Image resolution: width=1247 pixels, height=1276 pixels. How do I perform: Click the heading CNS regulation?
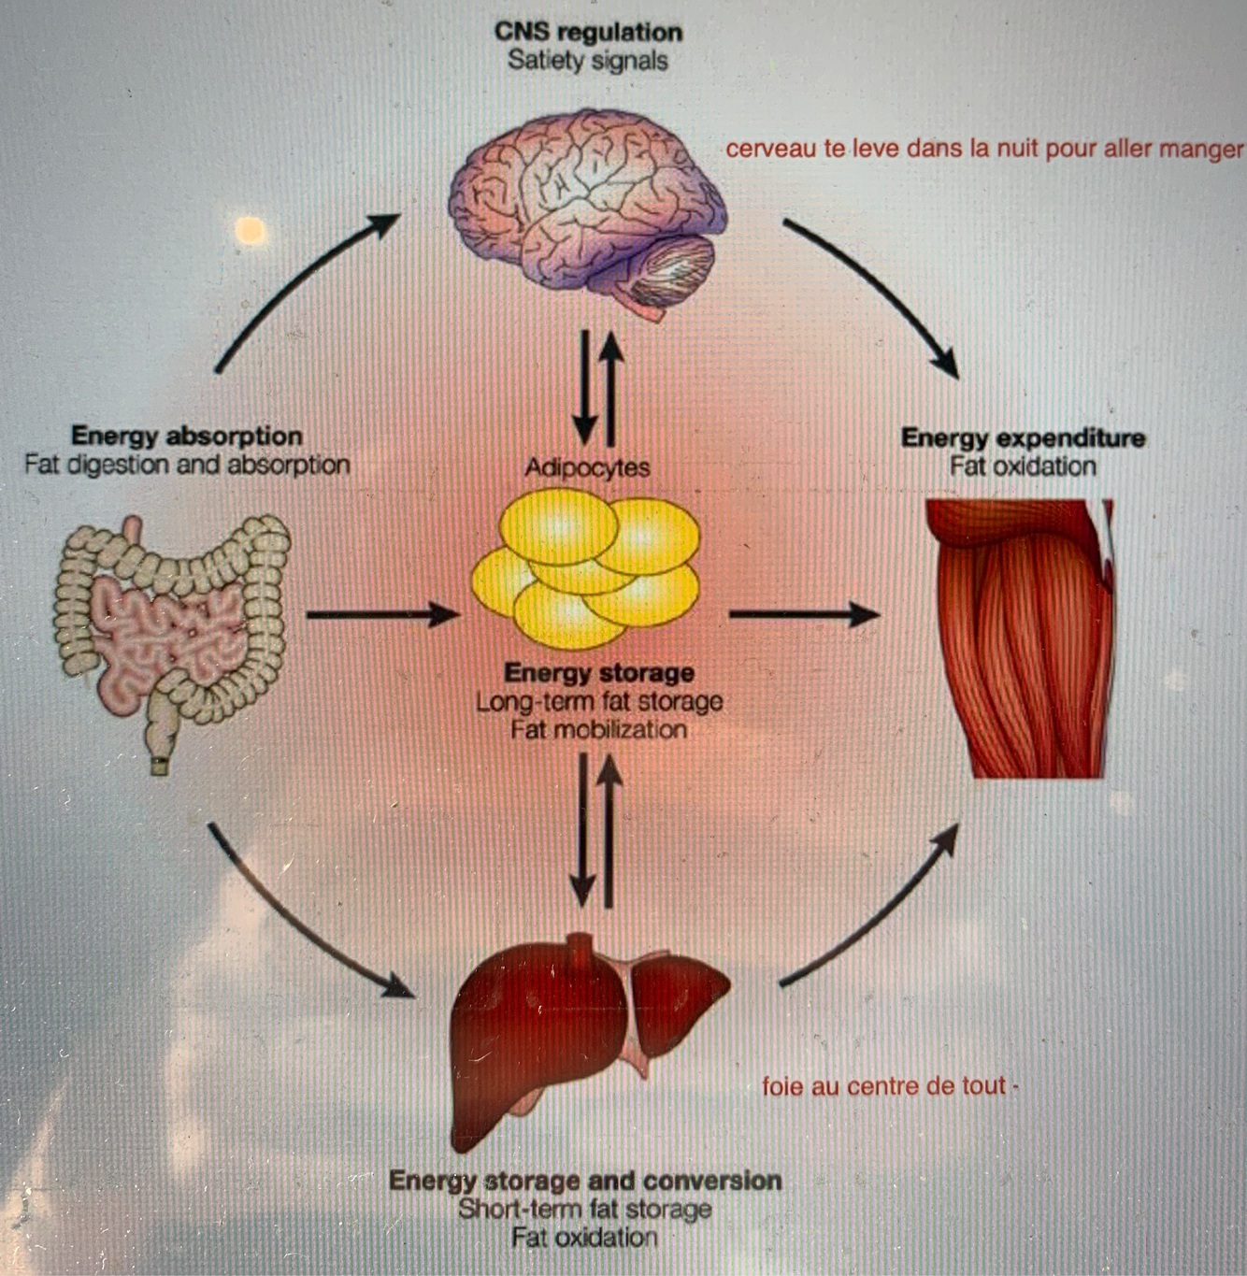(588, 32)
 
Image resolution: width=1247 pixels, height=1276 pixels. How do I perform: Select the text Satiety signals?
(588, 61)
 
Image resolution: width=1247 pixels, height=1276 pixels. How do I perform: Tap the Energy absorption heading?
(187, 436)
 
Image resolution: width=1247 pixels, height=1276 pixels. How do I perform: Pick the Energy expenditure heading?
(1023, 437)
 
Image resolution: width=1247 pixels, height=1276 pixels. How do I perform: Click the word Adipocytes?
(587, 467)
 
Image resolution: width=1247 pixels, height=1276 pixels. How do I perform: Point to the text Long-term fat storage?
(599, 702)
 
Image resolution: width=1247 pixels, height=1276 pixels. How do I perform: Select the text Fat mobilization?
(599, 730)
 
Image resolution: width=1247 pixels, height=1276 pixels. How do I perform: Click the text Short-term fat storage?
(585, 1209)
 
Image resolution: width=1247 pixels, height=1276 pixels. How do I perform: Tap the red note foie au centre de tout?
(884, 1086)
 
